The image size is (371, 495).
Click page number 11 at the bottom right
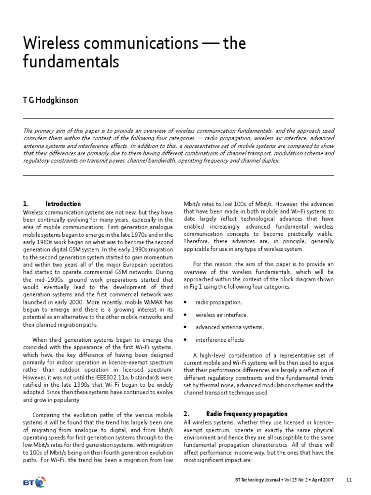[x=349, y=480]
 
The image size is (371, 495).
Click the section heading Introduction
[x=63, y=204]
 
